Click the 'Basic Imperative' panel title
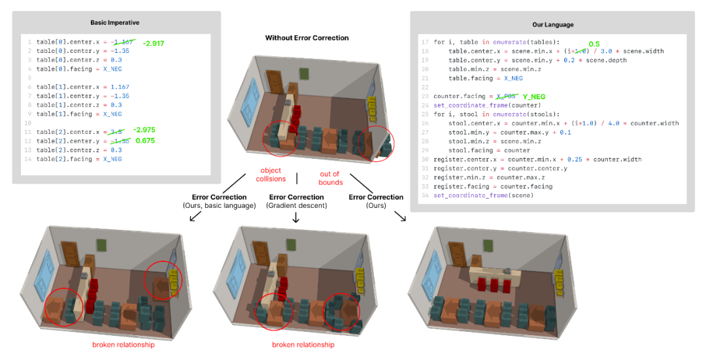(x=116, y=22)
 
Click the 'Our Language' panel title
(x=552, y=24)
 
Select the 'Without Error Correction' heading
(x=307, y=38)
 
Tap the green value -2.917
(x=154, y=42)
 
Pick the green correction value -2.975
(x=145, y=130)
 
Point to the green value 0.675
(x=145, y=140)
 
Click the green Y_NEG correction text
(x=534, y=97)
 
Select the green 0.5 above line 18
(x=594, y=44)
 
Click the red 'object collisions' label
(x=271, y=174)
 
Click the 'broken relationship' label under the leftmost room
(x=123, y=345)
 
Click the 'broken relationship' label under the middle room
(x=303, y=345)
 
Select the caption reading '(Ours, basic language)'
(x=219, y=206)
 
